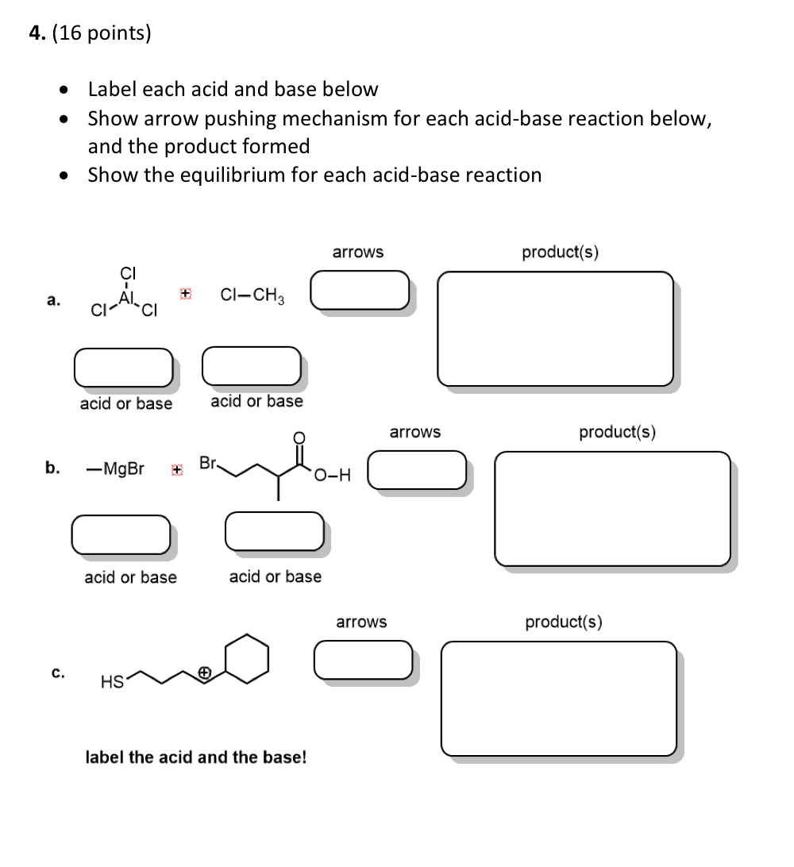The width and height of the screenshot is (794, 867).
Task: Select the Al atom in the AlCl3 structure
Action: point(125,296)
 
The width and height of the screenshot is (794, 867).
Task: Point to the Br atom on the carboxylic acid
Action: point(208,462)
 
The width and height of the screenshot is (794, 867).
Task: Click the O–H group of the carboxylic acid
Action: point(332,476)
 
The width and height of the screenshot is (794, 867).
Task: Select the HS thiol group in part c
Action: point(111,680)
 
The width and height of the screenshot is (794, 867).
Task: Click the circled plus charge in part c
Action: point(204,672)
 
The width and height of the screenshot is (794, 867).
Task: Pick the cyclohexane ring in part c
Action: point(246,658)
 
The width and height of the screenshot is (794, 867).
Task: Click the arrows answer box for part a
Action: point(360,290)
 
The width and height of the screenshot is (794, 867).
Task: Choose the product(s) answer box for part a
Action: point(555,329)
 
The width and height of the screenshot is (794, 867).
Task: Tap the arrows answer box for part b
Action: point(417,469)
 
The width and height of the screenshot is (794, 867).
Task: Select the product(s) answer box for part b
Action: point(612,508)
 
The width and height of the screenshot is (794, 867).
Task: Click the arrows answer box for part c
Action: point(363,660)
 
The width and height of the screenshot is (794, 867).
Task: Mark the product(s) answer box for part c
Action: point(559,698)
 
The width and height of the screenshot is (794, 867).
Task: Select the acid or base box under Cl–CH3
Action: point(252,364)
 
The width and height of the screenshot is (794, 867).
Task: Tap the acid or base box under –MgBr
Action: point(121,534)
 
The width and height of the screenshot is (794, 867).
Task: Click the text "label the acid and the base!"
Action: point(195,757)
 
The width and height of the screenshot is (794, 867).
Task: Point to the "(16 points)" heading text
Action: point(101,34)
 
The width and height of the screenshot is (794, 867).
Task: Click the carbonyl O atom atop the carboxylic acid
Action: point(299,437)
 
